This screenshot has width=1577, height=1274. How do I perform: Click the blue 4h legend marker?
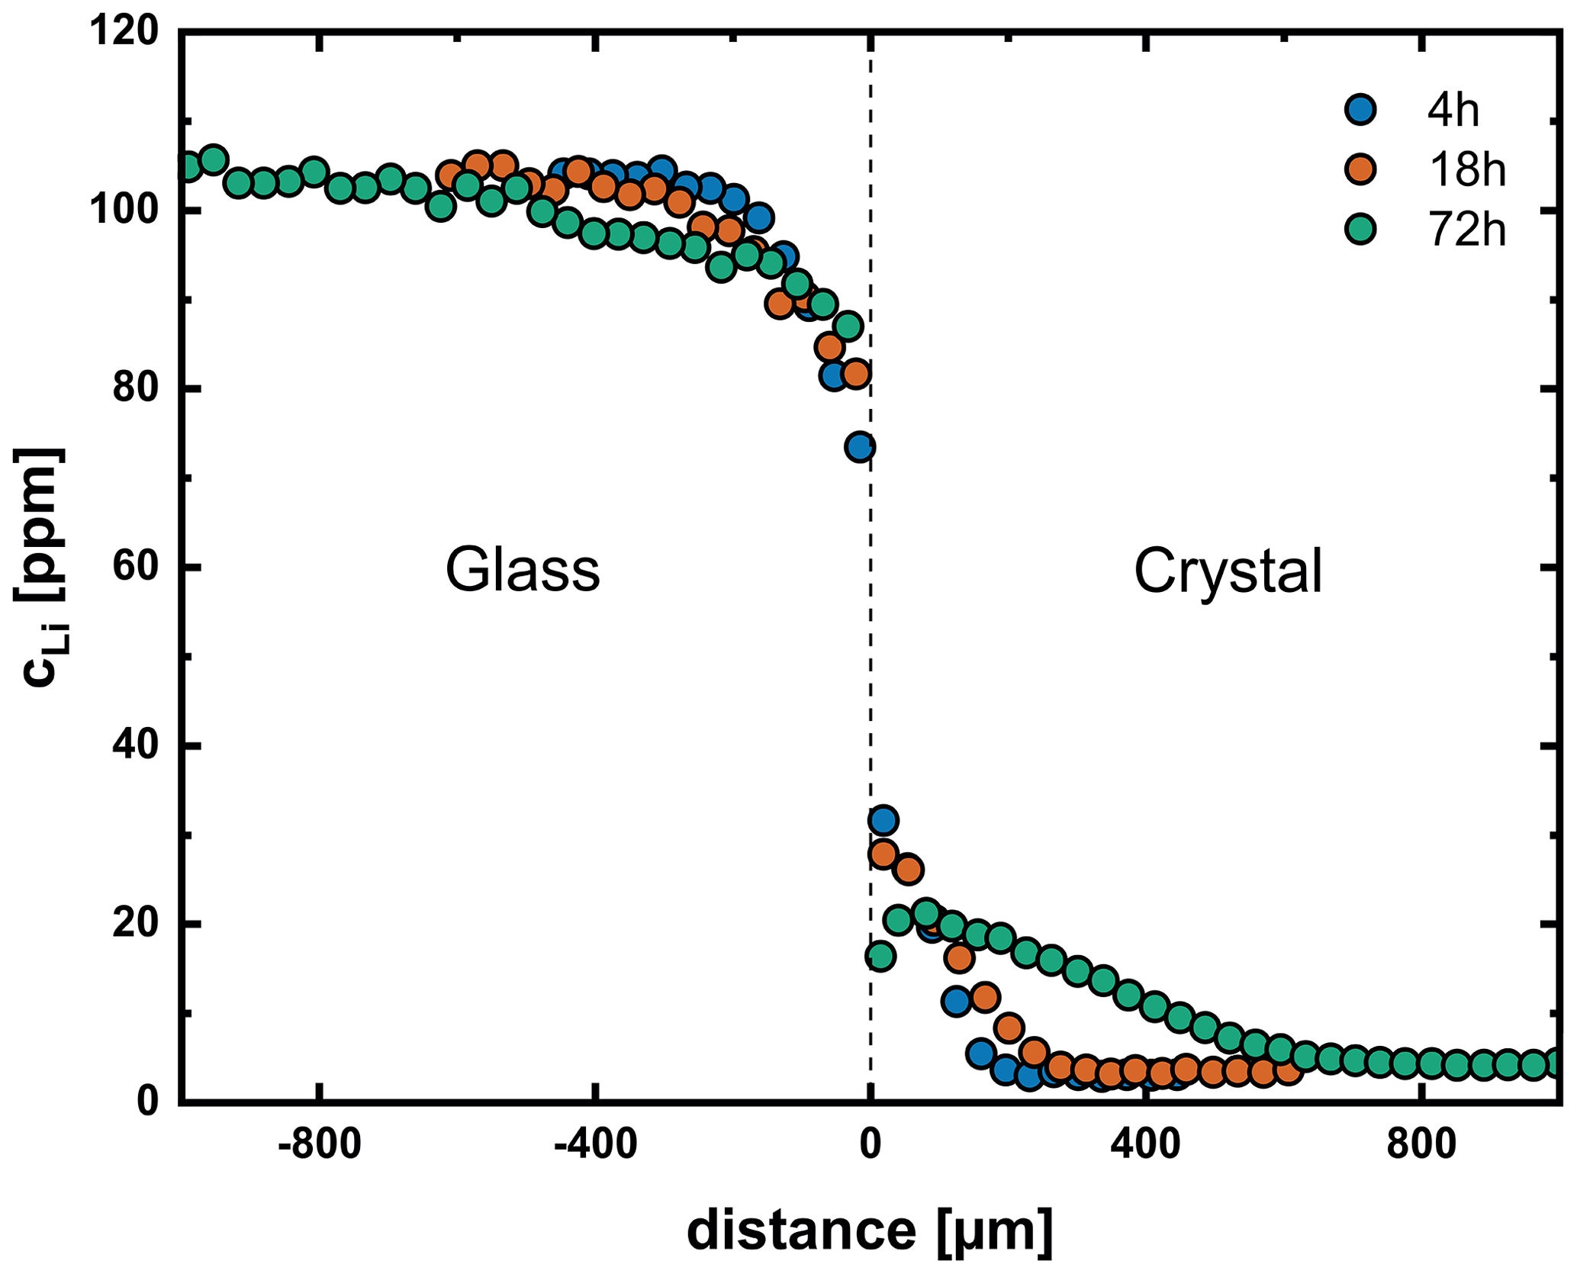[x=1360, y=109]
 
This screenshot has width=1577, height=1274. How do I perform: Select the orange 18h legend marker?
[x=1360, y=169]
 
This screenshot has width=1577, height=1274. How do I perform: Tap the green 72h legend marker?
[x=1360, y=228]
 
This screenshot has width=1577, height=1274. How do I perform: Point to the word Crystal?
[x=1228, y=571]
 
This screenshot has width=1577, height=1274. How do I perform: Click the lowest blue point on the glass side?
[x=860, y=447]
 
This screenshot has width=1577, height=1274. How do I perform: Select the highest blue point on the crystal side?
[x=883, y=821]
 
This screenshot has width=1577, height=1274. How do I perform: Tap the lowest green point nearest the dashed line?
[x=880, y=956]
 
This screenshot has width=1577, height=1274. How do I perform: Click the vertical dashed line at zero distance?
[x=871, y=610]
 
